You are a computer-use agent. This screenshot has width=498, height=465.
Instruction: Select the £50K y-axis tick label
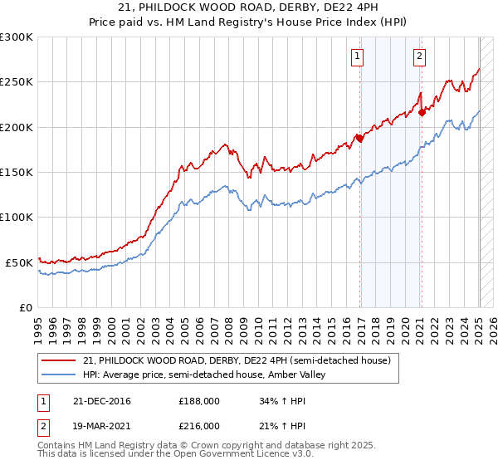coord(19,262)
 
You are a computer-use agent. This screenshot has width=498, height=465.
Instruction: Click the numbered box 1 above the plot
coord(357,56)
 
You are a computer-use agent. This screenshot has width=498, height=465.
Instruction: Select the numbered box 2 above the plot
coord(419,56)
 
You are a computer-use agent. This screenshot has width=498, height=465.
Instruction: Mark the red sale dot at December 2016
coord(360,139)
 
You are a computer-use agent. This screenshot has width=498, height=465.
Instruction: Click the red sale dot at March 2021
coord(422,112)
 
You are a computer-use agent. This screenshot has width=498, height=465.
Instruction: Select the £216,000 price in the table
coord(199,425)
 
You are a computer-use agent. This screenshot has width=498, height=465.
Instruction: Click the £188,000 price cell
coord(199,401)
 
